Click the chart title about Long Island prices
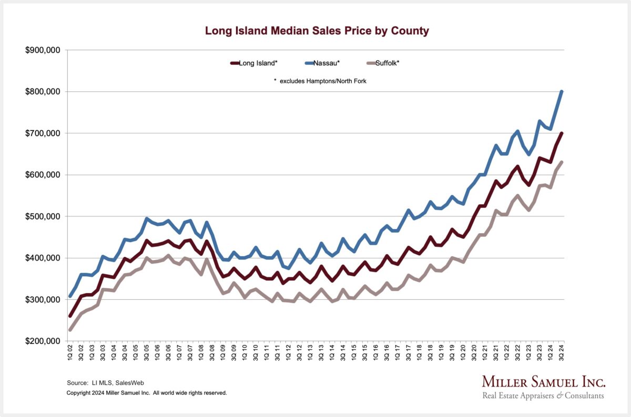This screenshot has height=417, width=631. coord(317,31)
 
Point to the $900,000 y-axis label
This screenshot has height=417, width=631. coord(44,50)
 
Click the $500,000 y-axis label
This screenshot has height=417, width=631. coord(44,216)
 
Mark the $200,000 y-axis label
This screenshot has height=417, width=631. coord(44,341)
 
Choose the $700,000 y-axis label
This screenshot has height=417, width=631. coord(44,133)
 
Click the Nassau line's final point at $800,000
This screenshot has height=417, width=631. coord(562,92)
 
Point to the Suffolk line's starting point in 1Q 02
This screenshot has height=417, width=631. coord(70,330)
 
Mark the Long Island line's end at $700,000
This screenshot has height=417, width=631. coord(562,133)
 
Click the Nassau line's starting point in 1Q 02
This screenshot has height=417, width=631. coord(70,296)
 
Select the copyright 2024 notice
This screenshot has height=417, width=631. coord(147,392)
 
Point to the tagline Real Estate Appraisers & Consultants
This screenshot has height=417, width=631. coord(544,395)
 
